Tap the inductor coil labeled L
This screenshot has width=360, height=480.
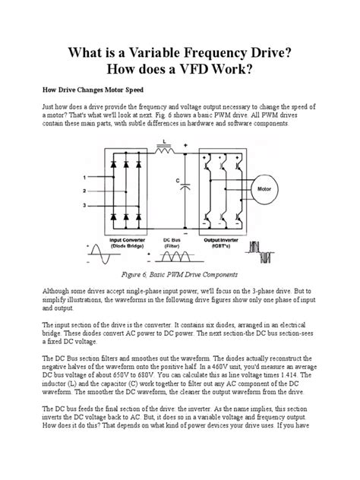click(x=163, y=150)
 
